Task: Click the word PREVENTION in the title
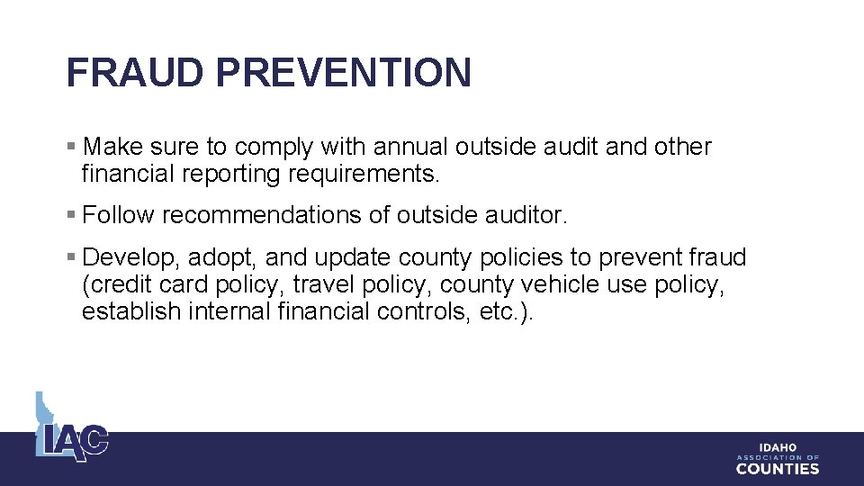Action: tap(342, 72)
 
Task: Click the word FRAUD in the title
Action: tap(134, 72)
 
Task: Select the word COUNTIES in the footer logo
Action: tap(778, 469)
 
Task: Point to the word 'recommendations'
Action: tap(264, 216)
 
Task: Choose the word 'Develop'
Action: tap(130, 258)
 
